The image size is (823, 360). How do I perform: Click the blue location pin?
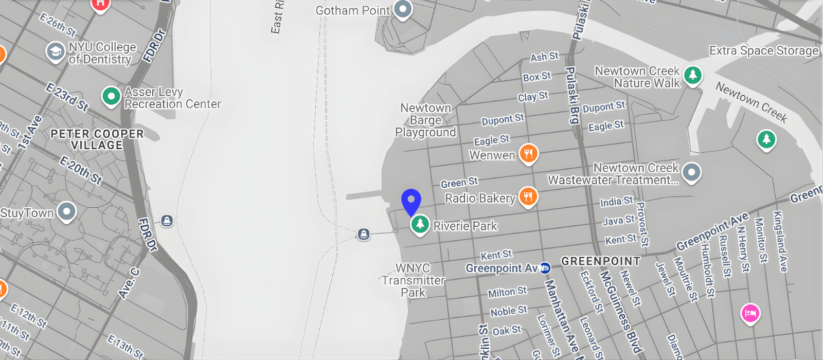(411, 201)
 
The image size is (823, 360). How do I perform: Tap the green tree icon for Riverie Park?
(420, 224)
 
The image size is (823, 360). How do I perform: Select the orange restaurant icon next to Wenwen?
(528, 153)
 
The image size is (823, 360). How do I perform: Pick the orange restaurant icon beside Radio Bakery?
(528, 196)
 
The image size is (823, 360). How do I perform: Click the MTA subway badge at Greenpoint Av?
(545, 267)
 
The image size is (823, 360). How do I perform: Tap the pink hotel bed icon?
(750, 313)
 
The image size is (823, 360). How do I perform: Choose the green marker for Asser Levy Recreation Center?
(111, 96)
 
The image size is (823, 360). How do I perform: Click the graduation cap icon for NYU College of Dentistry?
(56, 51)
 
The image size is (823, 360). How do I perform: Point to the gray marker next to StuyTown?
(67, 211)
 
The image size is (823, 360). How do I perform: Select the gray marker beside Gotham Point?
(403, 9)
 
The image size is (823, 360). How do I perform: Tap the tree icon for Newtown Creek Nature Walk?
(693, 75)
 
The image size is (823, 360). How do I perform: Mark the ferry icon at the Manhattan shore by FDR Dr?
(167, 221)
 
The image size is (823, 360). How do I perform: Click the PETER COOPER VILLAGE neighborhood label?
(97, 139)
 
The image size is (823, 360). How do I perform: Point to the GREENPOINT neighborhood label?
(601, 261)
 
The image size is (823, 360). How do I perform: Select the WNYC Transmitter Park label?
(414, 280)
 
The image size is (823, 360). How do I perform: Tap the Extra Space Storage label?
(763, 50)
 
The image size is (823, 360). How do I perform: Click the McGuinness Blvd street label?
(621, 312)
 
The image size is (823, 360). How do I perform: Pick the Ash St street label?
(544, 57)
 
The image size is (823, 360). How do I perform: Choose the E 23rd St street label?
(67, 97)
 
